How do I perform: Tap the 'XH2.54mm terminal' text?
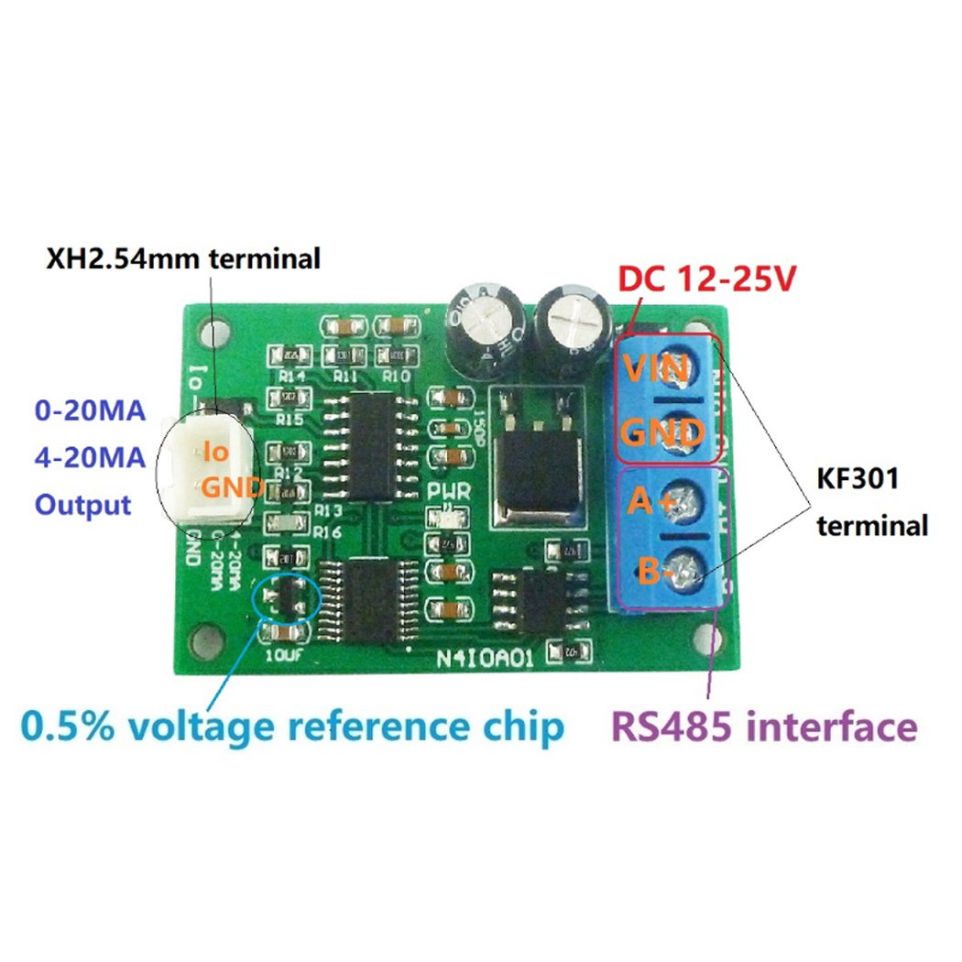click(183, 259)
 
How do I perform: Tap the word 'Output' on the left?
click(82, 504)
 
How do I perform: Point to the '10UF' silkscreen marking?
click(281, 656)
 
